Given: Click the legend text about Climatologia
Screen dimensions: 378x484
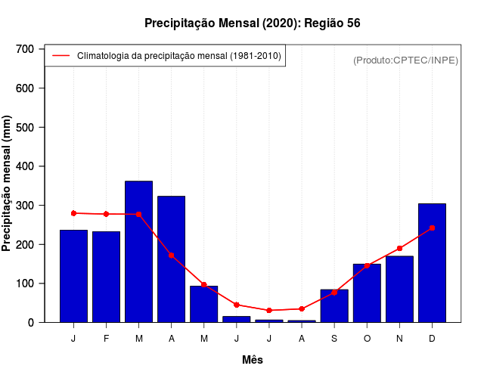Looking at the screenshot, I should click(x=179, y=55).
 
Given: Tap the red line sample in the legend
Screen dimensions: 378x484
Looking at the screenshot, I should click(x=60, y=55).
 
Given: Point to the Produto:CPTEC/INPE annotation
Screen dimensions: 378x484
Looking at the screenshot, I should click(x=405, y=60).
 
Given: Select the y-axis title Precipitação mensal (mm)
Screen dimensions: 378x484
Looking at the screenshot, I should click(x=8, y=183).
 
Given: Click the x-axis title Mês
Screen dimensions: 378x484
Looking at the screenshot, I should click(x=253, y=360).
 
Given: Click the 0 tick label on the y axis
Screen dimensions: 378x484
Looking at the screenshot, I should click(x=31, y=323).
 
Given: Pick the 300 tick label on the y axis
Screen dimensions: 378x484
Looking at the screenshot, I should click(x=26, y=206).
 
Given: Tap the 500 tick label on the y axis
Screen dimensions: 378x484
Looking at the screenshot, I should click(x=26, y=128).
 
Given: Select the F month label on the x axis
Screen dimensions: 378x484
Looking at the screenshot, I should click(x=106, y=339).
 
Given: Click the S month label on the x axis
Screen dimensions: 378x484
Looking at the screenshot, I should click(x=334, y=339).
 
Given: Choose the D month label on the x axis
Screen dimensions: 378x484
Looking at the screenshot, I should click(x=432, y=339).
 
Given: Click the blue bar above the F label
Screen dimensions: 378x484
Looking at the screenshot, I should click(x=106, y=277).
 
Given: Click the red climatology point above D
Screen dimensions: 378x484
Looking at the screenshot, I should click(x=432, y=228).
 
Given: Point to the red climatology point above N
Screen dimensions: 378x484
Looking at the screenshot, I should click(x=399, y=248).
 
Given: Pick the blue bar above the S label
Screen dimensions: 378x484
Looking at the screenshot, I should click(x=334, y=306).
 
